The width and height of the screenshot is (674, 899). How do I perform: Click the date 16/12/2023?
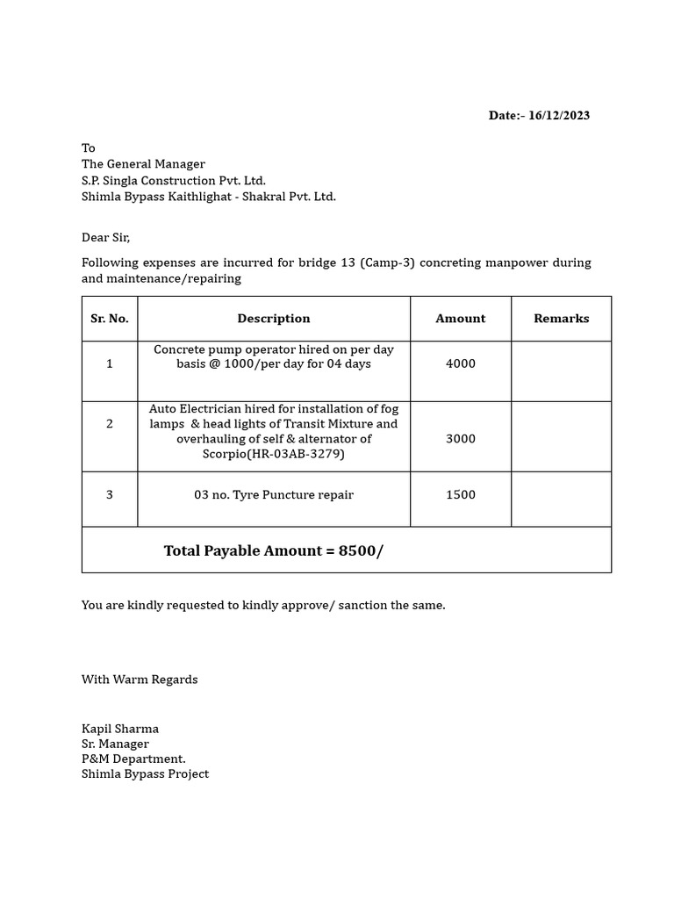click(x=559, y=116)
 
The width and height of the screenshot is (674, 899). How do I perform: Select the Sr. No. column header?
click(x=110, y=319)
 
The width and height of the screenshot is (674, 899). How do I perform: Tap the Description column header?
click(x=274, y=319)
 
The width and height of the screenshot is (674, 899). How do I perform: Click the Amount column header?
click(x=460, y=319)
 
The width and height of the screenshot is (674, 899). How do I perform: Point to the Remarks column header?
click(x=561, y=319)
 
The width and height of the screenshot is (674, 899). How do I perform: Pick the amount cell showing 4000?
click(x=460, y=363)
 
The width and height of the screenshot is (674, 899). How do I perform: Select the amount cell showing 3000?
click(x=460, y=439)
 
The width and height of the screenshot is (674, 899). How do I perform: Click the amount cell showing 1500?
click(x=460, y=495)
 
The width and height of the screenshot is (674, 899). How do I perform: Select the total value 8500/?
click(x=361, y=551)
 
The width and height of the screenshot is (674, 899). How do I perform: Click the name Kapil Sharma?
click(x=120, y=729)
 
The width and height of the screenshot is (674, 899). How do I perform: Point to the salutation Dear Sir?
click(x=105, y=238)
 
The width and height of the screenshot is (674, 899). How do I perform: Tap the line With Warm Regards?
click(x=140, y=680)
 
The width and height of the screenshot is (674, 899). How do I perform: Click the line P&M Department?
click(x=133, y=759)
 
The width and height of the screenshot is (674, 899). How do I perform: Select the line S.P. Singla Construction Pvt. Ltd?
click(x=174, y=181)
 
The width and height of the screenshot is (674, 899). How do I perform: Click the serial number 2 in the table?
click(x=110, y=424)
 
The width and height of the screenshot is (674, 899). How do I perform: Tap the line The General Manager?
click(x=143, y=164)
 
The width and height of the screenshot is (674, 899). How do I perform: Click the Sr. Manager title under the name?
click(x=115, y=744)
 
